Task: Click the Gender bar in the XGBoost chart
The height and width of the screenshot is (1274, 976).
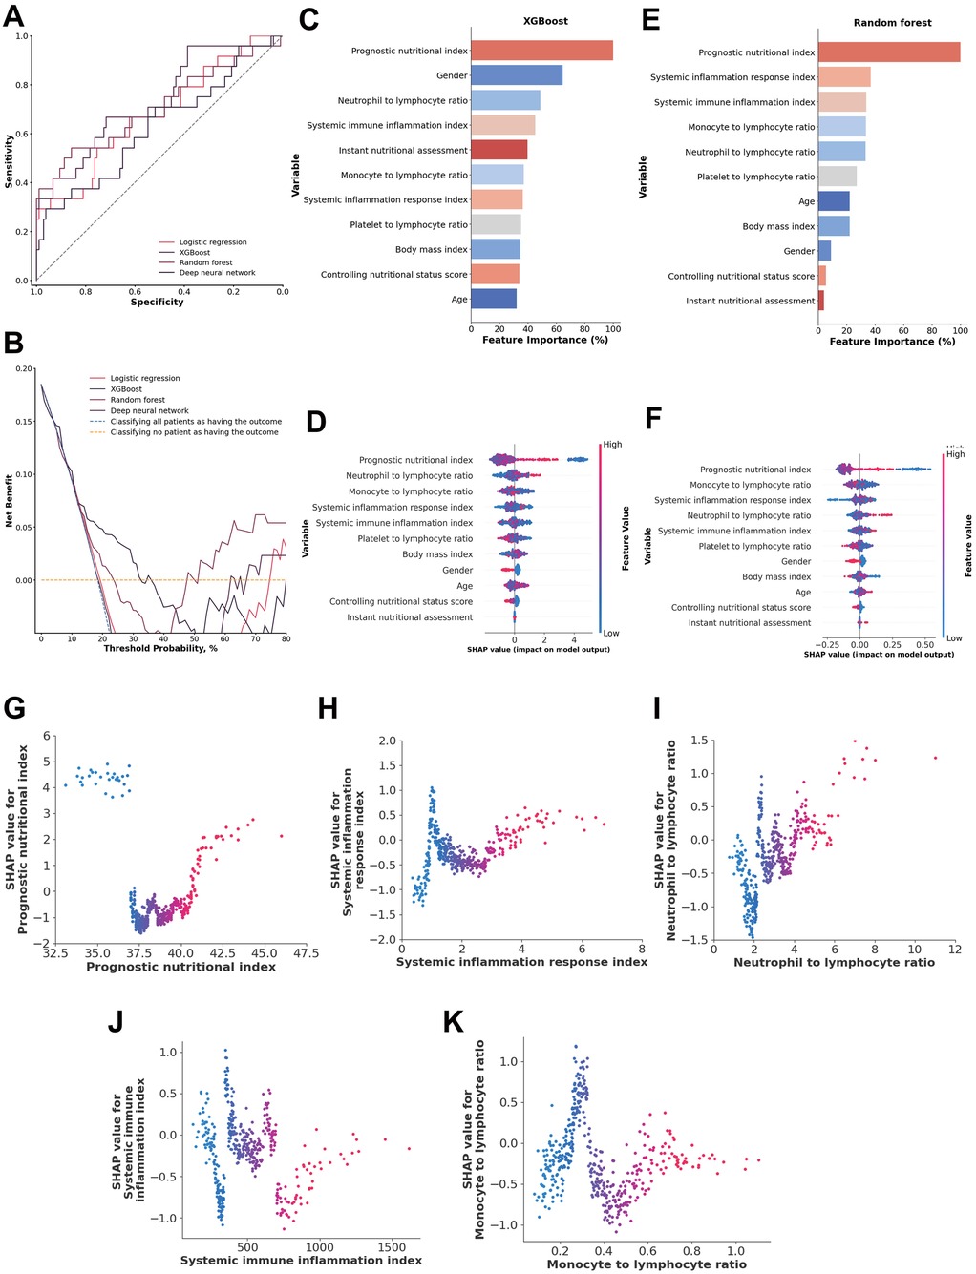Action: point(516,75)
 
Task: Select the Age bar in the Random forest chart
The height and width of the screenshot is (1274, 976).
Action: point(833,201)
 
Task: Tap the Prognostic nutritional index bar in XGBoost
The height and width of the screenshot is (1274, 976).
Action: point(541,51)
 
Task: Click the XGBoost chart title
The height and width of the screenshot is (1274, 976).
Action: point(545,20)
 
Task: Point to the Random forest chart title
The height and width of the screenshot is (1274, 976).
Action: point(892,22)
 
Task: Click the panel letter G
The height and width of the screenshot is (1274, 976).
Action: point(14,708)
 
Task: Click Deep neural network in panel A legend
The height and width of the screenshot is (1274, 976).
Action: point(217,273)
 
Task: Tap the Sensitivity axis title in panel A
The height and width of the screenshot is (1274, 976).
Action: point(10,160)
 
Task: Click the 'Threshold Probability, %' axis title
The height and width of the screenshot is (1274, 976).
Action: point(160,649)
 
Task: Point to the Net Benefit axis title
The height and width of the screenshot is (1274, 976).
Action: point(10,500)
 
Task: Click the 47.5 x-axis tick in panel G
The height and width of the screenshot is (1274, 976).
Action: point(306,952)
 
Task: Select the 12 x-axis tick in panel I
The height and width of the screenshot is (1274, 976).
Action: point(954,949)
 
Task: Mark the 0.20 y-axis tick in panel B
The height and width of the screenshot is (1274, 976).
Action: point(24,368)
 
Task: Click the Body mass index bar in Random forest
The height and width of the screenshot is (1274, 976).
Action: point(833,226)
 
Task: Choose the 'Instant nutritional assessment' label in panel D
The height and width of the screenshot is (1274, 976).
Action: point(409,617)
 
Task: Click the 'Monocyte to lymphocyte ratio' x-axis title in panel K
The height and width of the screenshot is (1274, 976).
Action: point(647,1264)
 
